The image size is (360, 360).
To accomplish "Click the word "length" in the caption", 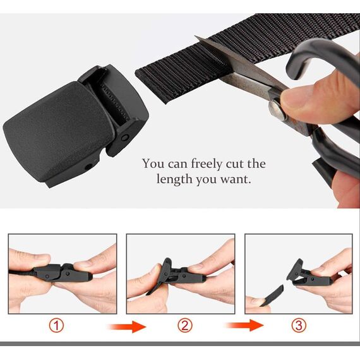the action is [174, 179].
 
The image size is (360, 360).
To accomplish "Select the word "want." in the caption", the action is [236, 179].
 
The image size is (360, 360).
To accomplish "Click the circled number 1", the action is [56, 325].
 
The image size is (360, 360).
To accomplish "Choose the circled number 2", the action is [185, 325].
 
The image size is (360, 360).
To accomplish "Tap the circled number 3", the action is [299, 325].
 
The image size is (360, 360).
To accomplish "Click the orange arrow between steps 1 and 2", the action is [128, 327].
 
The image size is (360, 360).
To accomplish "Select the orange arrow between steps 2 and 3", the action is [245, 325].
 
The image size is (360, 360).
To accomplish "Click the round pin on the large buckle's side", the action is [125, 138].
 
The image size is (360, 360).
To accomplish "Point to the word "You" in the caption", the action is [153, 163].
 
